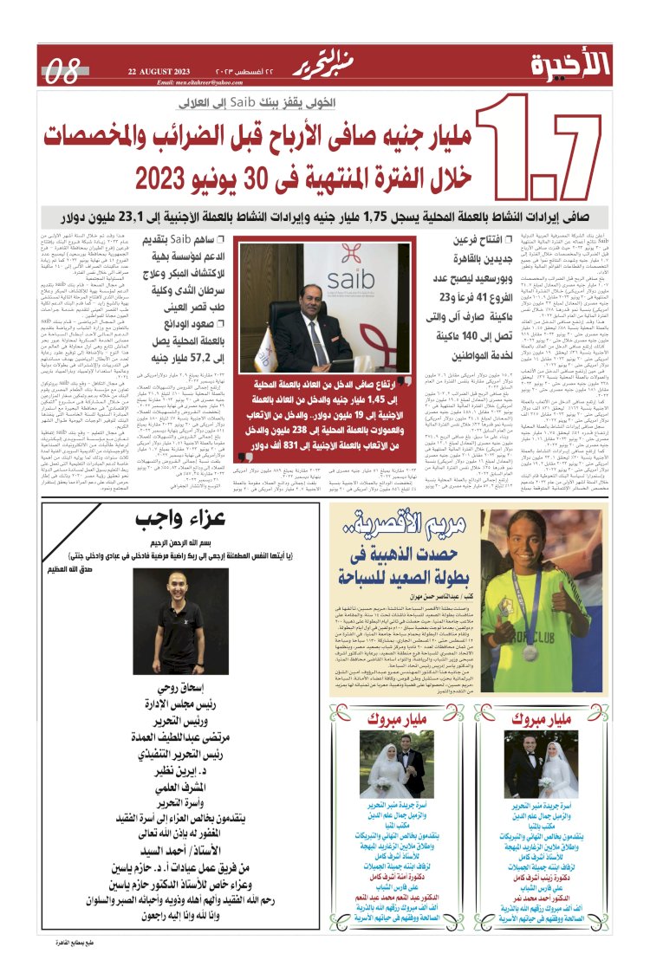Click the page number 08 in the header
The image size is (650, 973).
[63, 69]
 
